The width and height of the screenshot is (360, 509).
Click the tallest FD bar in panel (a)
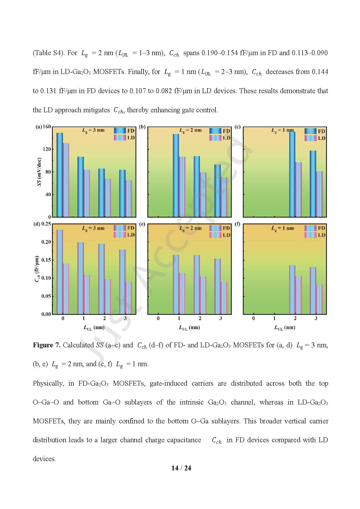point(60,175)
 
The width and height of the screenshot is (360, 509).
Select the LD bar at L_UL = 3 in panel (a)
point(129,199)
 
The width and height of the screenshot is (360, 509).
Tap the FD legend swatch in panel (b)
point(215,131)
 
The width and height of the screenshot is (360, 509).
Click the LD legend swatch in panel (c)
point(310,138)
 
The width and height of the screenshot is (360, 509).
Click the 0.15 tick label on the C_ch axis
point(46,260)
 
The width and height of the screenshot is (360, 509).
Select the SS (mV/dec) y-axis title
point(39,172)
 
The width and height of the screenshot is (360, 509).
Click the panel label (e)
point(142,224)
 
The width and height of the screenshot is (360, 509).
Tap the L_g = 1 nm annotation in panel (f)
point(282,228)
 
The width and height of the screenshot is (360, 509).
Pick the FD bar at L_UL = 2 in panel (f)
point(292,290)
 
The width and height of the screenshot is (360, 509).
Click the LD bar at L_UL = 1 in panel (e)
point(182,293)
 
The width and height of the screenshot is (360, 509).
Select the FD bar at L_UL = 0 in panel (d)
point(60,272)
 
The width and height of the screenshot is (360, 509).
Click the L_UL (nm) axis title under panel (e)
point(189,328)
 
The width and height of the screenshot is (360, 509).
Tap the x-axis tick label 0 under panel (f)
point(254,318)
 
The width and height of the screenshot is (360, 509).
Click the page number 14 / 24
point(181,468)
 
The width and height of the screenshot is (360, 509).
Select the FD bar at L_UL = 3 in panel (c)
point(313,184)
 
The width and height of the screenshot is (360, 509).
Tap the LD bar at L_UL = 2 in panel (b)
point(203,195)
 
